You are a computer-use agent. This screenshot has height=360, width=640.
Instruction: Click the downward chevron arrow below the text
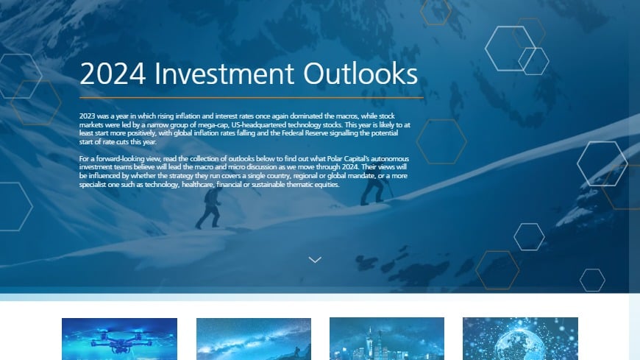pyautogui.click(x=315, y=259)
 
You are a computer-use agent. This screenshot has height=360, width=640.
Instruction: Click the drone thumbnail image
pyautogui.click(x=119, y=339)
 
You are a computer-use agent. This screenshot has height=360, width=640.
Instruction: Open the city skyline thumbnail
pyautogui.click(x=387, y=339)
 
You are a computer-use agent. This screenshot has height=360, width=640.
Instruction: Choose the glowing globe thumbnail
pyautogui.click(x=520, y=339)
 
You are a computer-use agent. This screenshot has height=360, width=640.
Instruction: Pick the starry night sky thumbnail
pyautogui.click(x=254, y=339)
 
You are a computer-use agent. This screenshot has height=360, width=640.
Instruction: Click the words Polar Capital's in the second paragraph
pyautogui.click(x=341, y=159)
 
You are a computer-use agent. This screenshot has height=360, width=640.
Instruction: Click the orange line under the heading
pyautogui.click(x=251, y=97)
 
